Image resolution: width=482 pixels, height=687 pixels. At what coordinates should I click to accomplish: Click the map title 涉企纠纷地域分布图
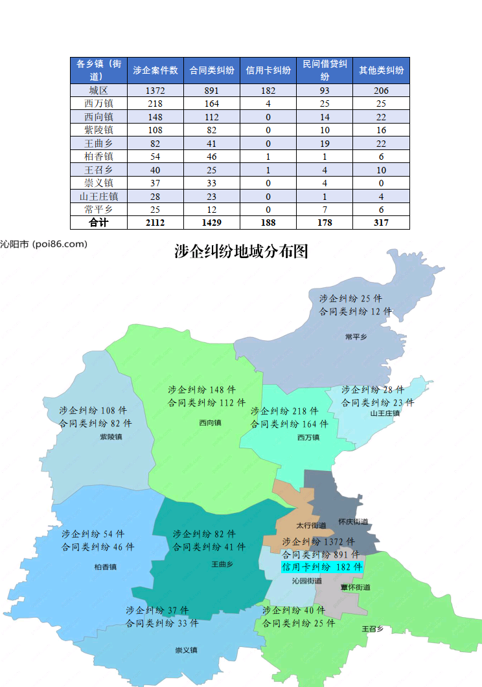(x=241, y=252)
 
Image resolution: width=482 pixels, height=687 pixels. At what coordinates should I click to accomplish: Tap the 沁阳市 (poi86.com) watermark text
(x=43, y=244)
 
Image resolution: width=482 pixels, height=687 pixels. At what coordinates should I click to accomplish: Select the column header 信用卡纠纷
(x=268, y=71)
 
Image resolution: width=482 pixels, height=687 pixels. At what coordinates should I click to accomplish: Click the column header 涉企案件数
(x=155, y=71)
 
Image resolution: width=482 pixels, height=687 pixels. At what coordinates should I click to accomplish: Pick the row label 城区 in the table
(x=98, y=91)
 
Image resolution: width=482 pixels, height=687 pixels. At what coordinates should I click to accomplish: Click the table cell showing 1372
(x=155, y=91)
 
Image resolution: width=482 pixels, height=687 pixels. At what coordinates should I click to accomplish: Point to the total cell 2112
(x=155, y=223)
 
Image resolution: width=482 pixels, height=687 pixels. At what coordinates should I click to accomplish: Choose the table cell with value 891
(x=212, y=91)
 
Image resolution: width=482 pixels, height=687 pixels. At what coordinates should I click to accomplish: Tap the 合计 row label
(x=98, y=223)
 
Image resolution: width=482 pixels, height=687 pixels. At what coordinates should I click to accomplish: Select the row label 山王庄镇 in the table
(x=98, y=196)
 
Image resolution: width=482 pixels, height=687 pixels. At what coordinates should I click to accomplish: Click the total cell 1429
(x=212, y=223)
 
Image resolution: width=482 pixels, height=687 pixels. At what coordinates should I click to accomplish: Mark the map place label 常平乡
(x=356, y=337)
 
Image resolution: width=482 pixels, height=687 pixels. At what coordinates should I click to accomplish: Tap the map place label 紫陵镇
(x=111, y=437)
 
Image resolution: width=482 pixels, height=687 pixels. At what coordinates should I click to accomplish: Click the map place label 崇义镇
(x=186, y=650)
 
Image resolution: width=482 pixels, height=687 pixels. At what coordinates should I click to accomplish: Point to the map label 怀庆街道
(x=353, y=521)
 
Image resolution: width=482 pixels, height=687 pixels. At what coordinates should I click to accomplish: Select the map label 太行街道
(x=308, y=525)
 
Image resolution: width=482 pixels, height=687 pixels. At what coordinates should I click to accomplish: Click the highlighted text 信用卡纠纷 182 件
(x=322, y=567)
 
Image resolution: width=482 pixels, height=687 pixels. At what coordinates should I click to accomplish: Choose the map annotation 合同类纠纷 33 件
(x=162, y=624)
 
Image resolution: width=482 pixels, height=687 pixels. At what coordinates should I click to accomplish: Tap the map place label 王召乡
(x=373, y=629)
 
